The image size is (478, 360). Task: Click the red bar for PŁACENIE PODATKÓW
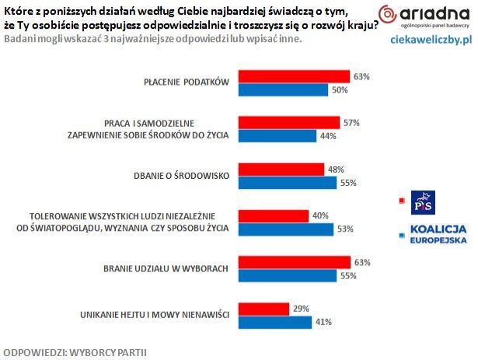click(x=294, y=77)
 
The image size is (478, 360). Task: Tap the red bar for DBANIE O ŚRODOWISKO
click(x=281, y=170)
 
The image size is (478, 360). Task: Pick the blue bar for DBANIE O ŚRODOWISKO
click(x=287, y=182)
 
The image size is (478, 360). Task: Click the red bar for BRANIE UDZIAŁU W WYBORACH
click(x=294, y=262)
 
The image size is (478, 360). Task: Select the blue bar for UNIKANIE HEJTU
click(x=274, y=320)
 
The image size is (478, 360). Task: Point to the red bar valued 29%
click(x=263, y=309)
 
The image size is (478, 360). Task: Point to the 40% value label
click(x=320, y=215)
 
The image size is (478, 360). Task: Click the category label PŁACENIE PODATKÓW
click(x=186, y=83)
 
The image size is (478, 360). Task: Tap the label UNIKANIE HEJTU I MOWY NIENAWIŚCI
click(x=153, y=314)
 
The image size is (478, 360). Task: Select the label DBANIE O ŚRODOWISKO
click(x=180, y=176)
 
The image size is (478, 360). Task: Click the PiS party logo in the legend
click(x=423, y=201)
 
